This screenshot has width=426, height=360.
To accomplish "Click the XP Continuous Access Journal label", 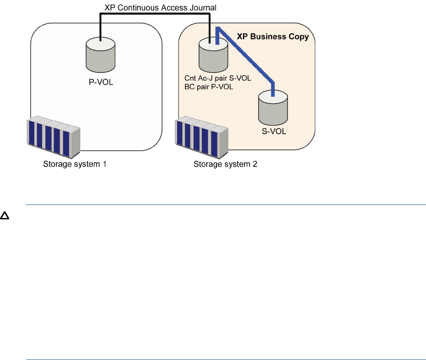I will point(160,7).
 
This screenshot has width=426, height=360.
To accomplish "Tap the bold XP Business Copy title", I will point(272,37).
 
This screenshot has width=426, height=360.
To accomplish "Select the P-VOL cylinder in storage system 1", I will point(100,55).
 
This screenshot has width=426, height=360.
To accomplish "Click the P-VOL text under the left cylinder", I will point(101,82).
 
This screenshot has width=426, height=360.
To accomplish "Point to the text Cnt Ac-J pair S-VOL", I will point(218,80).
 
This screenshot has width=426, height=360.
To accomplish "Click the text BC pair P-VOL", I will point(209,87).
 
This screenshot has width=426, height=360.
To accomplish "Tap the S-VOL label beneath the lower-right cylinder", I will point(273,132).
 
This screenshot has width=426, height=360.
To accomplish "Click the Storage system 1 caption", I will point(75,165).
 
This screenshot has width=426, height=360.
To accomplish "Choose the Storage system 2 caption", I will point(225,165).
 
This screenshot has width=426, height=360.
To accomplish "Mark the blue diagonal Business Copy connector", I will point(246,56).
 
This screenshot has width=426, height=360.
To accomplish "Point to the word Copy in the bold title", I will point(299,37).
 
